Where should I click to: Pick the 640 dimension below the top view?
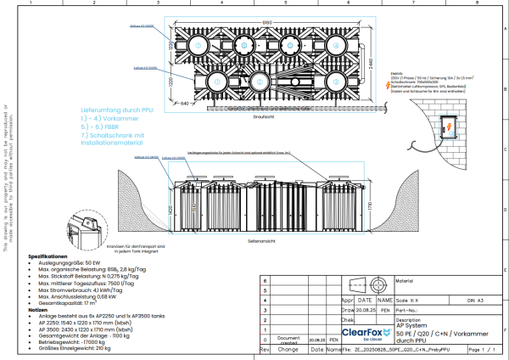point(183,103)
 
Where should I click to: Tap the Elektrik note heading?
point(399,73)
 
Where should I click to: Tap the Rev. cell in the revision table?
point(265,349)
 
